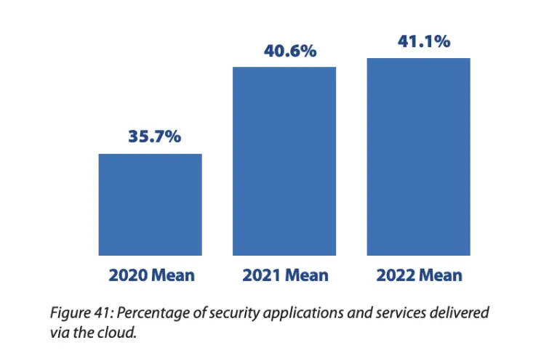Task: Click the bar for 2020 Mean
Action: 151,205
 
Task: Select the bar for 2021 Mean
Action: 284,161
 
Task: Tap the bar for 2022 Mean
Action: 418,157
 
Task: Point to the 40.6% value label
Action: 284,51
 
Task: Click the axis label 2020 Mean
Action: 151,275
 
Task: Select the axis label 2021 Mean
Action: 285,275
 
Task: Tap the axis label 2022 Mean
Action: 419,275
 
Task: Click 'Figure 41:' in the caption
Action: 80,313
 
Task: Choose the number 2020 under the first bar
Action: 127,275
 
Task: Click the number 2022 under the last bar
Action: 395,275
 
